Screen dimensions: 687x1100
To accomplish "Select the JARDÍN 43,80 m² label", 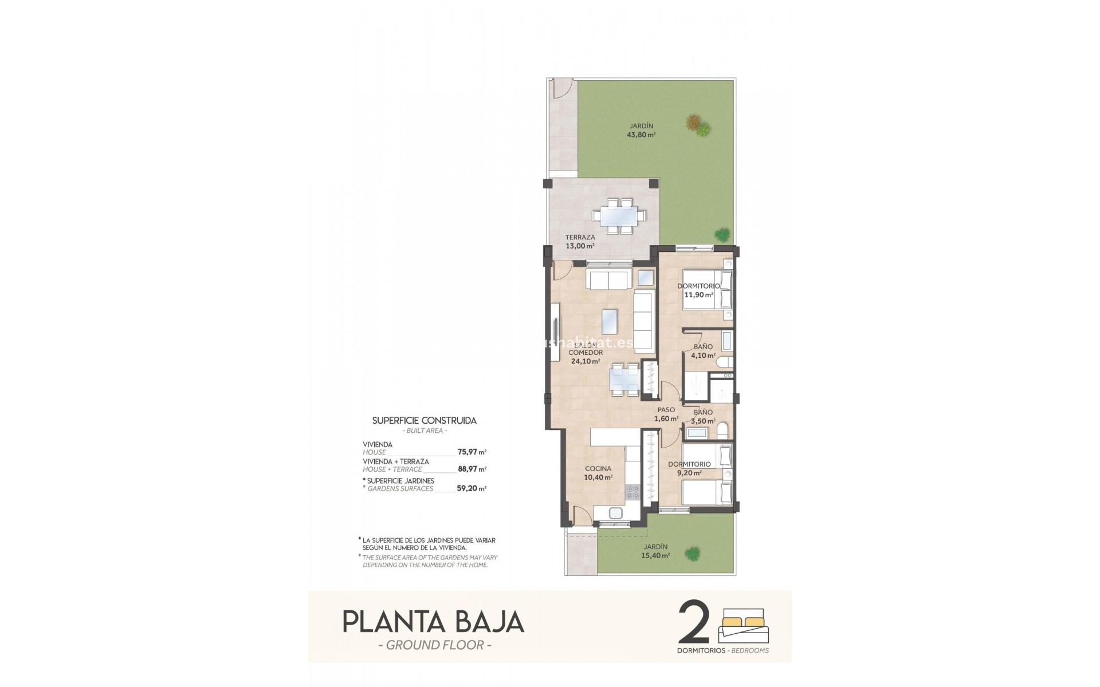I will pyautogui.click(x=641, y=131).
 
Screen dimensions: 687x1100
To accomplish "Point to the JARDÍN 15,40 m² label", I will pyautogui.click(x=655, y=551).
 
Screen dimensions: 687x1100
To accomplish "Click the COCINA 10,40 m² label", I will pyautogui.click(x=598, y=472).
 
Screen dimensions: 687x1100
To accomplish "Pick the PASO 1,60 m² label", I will pyautogui.click(x=666, y=414).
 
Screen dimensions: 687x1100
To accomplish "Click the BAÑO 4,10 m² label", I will pyautogui.click(x=703, y=351).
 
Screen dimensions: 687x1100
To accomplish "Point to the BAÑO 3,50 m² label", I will pyautogui.click(x=703, y=416).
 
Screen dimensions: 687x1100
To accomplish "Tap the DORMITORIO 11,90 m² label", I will pyautogui.click(x=698, y=290).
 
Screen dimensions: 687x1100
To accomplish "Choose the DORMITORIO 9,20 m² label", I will pyautogui.click(x=690, y=468).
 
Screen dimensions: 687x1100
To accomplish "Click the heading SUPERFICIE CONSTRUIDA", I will pyautogui.click(x=424, y=420).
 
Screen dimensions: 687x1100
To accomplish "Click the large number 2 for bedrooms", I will pyautogui.click(x=694, y=623).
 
